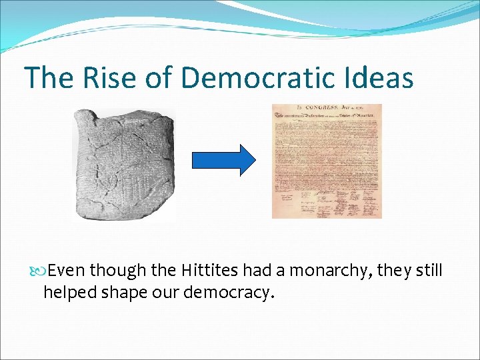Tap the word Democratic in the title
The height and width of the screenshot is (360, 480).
click(x=270, y=77)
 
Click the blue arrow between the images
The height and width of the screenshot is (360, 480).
click(x=223, y=160)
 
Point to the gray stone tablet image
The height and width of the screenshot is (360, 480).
click(x=123, y=163)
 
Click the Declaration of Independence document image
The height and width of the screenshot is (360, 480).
click(x=327, y=161)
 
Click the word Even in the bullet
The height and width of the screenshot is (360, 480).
click(x=67, y=271)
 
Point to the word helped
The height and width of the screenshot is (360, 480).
click(x=69, y=292)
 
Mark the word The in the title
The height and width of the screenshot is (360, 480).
click(x=49, y=77)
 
